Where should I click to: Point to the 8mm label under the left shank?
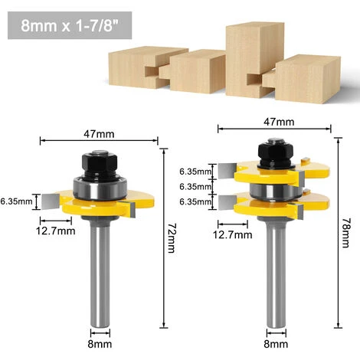(100, 344)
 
